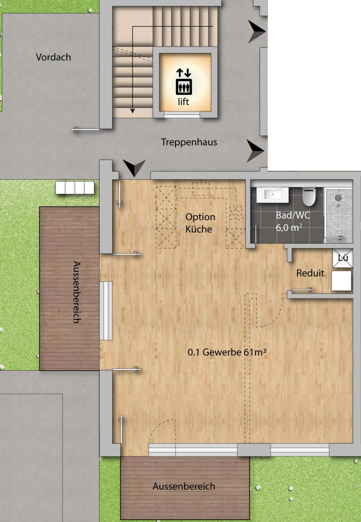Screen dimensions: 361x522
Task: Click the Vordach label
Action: point(53,57)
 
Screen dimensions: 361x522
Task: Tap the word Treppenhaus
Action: point(189,142)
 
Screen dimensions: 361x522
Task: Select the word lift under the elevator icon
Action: point(184,102)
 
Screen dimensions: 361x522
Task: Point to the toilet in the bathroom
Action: point(309,196)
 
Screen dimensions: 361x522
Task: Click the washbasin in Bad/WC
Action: point(272,195)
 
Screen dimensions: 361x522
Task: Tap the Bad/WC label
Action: point(293,215)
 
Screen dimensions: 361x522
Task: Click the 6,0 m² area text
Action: point(289,228)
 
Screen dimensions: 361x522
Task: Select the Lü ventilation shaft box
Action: point(343,258)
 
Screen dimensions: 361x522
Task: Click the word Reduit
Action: point(310,273)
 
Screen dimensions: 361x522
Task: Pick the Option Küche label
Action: point(200,223)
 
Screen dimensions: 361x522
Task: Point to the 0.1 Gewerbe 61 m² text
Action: point(227,352)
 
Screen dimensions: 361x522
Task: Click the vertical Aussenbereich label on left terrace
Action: point(77,292)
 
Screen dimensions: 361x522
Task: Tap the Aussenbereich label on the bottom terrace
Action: point(184,486)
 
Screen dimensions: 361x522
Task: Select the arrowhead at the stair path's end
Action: point(133,111)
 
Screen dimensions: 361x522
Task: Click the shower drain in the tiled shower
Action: point(338,206)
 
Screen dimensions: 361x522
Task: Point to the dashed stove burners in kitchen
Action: point(236,213)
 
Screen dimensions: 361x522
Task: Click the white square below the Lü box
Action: point(341,281)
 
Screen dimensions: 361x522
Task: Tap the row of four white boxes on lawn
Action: point(75,187)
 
